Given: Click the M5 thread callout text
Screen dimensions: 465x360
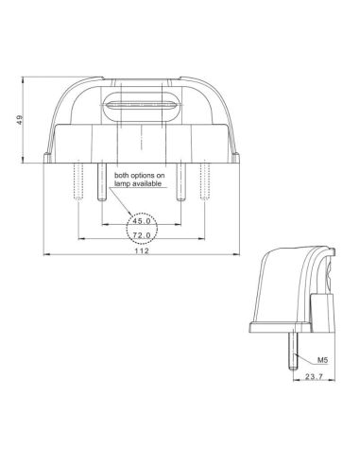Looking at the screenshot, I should pyautogui.click(x=322, y=360).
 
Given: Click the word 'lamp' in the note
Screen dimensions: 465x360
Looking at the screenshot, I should pyautogui.click(x=125, y=184).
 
